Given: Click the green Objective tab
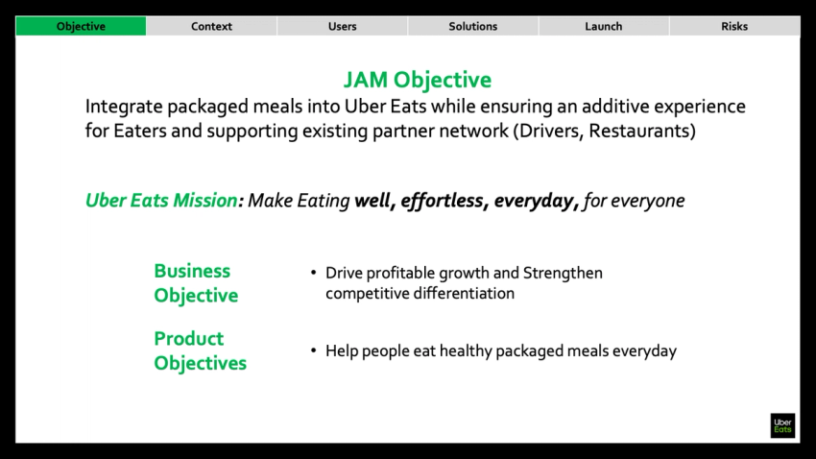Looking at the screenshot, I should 81,26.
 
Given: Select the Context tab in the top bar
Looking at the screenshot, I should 211,26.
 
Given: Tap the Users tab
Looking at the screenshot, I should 342,26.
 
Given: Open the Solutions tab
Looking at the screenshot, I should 472,26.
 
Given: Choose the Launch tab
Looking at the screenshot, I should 603,26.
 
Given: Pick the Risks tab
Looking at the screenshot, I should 734,26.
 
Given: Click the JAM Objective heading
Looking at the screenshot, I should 417,80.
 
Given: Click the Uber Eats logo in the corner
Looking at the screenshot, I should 782,425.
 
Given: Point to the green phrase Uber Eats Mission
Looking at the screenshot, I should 160,201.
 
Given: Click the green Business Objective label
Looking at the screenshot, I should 195,283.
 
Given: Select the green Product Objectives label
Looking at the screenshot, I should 200,350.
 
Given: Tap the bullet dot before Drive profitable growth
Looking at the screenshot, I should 314,274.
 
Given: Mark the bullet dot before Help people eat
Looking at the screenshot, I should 314,351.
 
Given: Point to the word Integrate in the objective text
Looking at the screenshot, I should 124,107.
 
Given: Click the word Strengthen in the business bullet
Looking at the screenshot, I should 563,274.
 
